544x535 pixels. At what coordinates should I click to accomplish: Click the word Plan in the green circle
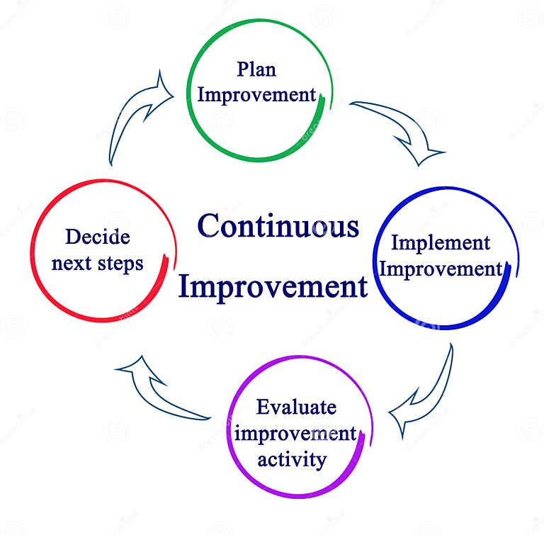pyautogui.click(x=256, y=70)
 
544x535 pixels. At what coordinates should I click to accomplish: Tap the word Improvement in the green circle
pyautogui.click(x=256, y=94)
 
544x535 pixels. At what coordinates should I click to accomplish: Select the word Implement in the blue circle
pyautogui.click(x=441, y=243)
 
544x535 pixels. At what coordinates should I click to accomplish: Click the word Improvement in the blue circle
pyautogui.click(x=445, y=270)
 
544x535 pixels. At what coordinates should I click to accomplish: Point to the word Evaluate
pyautogui.click(x=296, y=408)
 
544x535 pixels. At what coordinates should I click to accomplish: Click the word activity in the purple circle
pyautogui.click(x=292, y=459)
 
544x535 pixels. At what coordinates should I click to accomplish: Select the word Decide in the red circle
pyautogui.click(x=97, y=237)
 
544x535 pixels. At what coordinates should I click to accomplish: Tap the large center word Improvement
pyautogui.click(x=273, y=287)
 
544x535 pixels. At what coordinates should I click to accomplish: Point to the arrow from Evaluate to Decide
pyautogui.click(x=159, y=390)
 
